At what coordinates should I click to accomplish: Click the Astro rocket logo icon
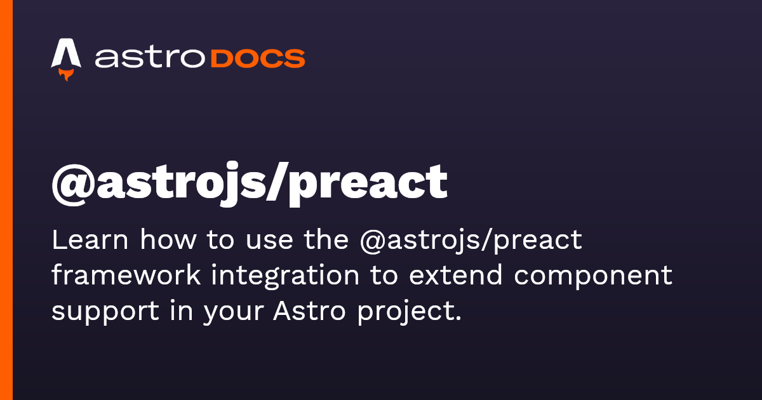click(66, 56)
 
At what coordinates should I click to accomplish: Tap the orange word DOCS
click(257, 58)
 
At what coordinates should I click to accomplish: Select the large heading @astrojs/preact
click(249, 182)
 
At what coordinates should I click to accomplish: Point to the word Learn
click(90, 241)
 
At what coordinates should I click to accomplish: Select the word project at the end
click(407, 313)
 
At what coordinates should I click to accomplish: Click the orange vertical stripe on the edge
click(6, 200)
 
